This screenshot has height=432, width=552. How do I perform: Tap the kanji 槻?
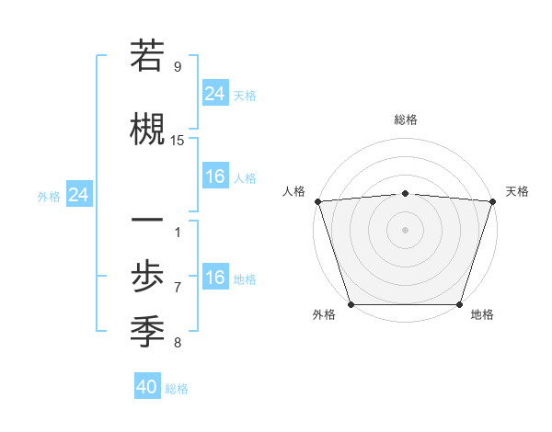click(147, 126)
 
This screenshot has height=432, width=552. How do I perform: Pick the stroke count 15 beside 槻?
click(178, 141)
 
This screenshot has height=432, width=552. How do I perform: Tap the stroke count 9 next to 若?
click(178, 67)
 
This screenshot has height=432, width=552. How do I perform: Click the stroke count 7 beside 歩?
click(178, 287)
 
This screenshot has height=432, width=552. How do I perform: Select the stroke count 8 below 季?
click(178, 343)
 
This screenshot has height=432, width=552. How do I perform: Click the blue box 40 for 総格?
click(147, 387)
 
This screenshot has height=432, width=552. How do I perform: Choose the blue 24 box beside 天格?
click(215, 93)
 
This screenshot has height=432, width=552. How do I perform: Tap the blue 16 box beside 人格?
click(215, 176)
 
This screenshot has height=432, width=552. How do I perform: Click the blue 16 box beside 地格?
click(215, 278)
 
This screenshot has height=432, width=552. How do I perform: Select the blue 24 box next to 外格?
click(79, 195)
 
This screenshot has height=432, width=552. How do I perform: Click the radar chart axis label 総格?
click(405, 119)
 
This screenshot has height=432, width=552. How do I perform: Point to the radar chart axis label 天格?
click(517, 191)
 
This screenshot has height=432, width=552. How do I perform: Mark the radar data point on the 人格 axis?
click(317, 201)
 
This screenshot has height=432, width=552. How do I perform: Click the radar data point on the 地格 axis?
click(459, 304)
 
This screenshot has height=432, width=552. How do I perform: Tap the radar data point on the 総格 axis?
click(405, 193)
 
